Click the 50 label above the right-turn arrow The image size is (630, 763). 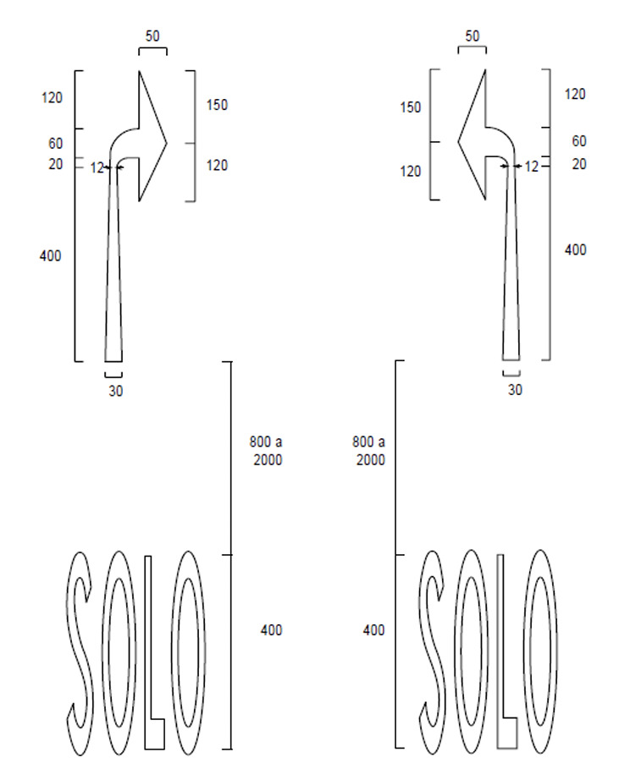[x=152, y=36]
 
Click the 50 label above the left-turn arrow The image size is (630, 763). [x=472, y=36]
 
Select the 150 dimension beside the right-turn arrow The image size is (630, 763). [x=217, y=105]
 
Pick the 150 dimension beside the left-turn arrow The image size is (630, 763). [x=410, y=107]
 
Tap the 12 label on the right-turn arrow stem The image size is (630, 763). [x=97, y=167]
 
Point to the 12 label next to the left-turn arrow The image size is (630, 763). [x=531, y=167]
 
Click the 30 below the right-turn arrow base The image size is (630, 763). [x=115, y=392]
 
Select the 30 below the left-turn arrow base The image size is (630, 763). [x=515, y=390]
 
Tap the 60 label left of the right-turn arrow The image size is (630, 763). [x=56, y=144]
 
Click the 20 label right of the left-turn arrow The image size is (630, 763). [x=579, y=164]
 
